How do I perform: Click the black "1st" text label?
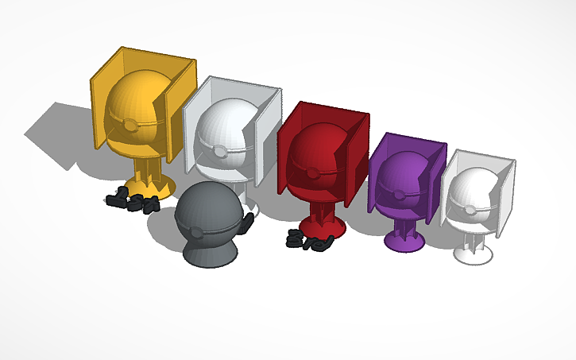coord(131,199)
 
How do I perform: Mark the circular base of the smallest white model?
coord(475,254)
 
